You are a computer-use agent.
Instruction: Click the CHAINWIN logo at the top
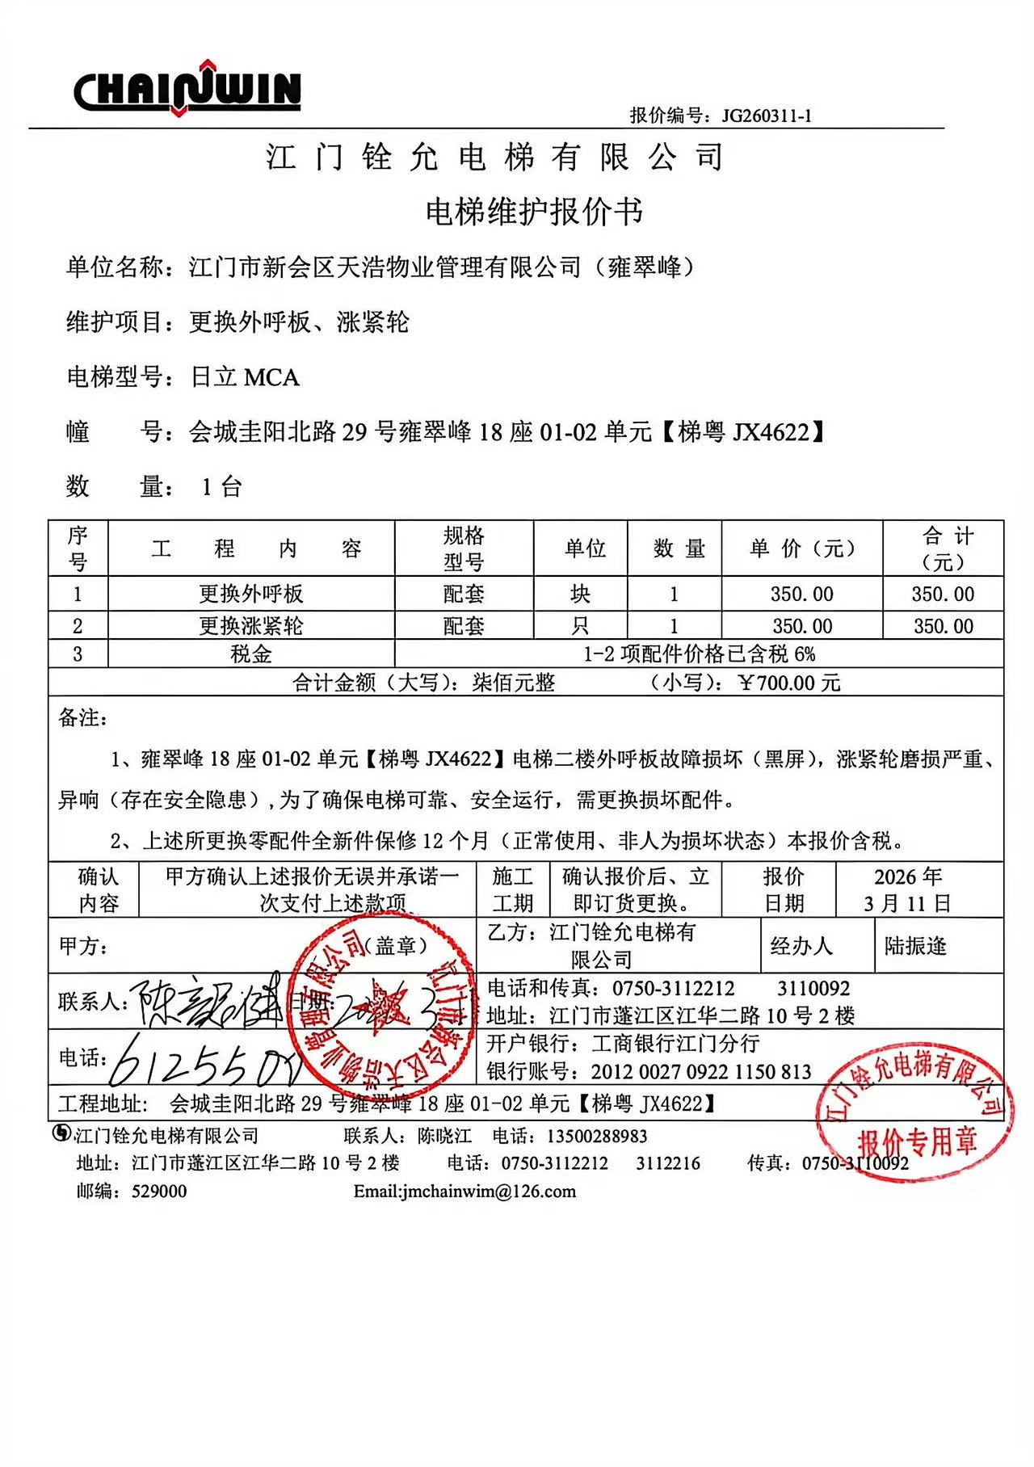coord(187,87)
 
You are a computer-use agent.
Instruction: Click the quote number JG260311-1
coord(767,116)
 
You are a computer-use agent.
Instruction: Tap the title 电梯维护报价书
coord(534,212)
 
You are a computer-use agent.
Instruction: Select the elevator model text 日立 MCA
coord(245,377)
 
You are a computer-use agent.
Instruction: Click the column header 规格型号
coord(464,549)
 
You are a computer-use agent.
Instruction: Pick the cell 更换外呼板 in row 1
coord(251,594)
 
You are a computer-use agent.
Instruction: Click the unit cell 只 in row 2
coord(580,626)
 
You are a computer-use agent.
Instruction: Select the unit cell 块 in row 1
coord(580,594)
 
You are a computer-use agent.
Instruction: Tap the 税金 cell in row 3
coord(251,654)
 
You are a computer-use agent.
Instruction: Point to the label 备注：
coord(82,718)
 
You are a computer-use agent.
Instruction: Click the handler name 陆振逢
coord(915,946)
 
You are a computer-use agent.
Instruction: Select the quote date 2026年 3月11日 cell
coord(908,889)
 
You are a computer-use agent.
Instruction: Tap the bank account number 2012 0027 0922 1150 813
coord(700,1072)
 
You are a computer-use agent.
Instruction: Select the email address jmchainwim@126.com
coord(465,1192)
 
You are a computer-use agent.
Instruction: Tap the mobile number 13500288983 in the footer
coord(597,1137)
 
